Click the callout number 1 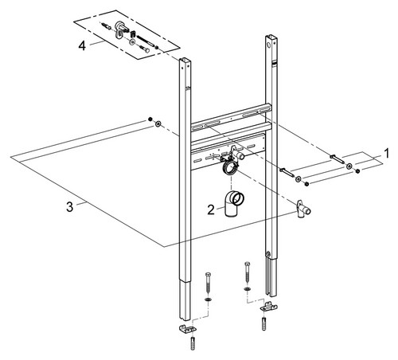pos(386,154)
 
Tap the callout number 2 pos(211,210)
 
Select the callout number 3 pos(69,207)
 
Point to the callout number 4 pos(82,46)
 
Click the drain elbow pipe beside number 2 pos(233,203)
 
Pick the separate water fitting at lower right pos(303,209)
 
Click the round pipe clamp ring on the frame pos(231,168)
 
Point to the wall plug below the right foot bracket pos(263,323)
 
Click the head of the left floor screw pos(208,275)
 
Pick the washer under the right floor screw pos(248,289)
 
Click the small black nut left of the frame pos(150,119)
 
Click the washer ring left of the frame pos(158,123)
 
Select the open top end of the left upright pos(185,60)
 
